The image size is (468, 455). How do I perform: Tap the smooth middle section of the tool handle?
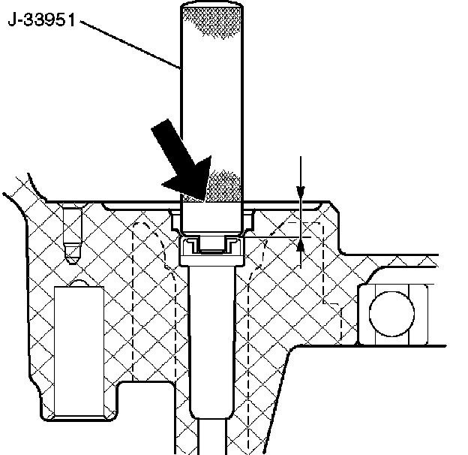(x=212, y=98)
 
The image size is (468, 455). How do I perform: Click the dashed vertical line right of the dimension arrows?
(x=323, y=263)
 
